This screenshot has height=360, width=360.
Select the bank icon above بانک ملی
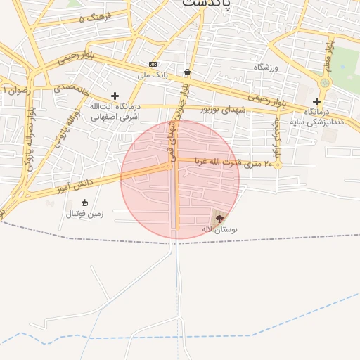point(153,64)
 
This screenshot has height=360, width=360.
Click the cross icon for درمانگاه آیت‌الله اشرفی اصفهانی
point(115,96)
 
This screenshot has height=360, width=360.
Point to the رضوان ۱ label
point(15,90)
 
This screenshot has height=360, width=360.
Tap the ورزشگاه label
point(266,67)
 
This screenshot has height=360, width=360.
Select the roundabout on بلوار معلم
point(324,83)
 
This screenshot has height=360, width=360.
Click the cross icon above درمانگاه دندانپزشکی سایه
point(316,101)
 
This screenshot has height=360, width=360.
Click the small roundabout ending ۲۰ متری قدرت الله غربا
point(278,165)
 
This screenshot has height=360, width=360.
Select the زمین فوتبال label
point(84,214)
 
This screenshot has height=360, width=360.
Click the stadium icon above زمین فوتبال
point(85,203)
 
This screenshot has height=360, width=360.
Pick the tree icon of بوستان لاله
point(219,219)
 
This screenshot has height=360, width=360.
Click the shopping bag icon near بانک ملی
point(187,72)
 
